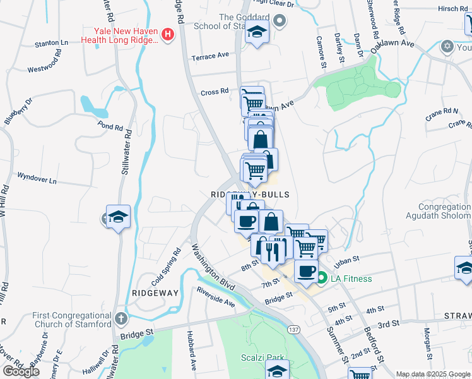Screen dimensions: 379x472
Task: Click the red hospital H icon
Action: (168, 35)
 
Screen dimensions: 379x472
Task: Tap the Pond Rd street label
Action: (110, 126)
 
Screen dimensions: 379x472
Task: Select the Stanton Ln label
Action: (52, 44)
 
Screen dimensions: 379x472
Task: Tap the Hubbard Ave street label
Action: (192, 350)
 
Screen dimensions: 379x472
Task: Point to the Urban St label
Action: (347, 260)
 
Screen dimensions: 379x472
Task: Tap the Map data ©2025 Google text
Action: (433, 374)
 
